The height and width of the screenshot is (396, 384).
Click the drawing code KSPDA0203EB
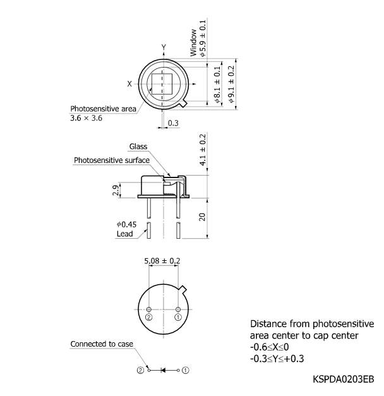click(x=343, y=380)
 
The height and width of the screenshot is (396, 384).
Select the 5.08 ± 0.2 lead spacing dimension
click(x=163, y=260)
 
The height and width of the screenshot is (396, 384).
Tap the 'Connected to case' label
click(x=101, y=344)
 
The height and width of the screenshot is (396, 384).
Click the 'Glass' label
click(x=138, y=147)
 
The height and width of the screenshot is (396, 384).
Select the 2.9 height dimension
click(x=116, y=190)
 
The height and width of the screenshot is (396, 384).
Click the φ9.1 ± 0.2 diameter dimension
click(x=231, y=84)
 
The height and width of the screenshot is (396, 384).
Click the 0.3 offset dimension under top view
click(x=173, y=123)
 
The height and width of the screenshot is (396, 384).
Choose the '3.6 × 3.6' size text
click(x=86, y=118)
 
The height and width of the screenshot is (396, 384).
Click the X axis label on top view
click(x=129, y=83)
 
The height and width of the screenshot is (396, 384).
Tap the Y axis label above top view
click(x=164, y=47)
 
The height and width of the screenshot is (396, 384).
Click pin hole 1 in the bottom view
click(x=178, y=308)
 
